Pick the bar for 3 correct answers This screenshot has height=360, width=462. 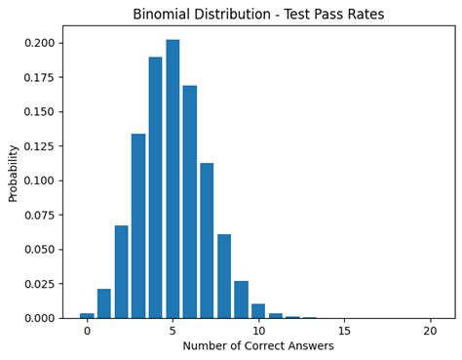click(138, 225)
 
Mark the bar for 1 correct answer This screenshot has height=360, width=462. click(104, 303)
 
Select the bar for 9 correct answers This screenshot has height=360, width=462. click(241, 300)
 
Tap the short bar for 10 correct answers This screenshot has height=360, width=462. click(258, 311)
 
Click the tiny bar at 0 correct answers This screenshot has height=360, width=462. click(87, 315)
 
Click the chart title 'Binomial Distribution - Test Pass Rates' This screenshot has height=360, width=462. click(258, 15)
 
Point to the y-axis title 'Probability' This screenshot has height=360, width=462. click(14, 173)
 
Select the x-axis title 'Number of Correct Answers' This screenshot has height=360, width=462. click(258, 345)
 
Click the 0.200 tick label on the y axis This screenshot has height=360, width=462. click(39, 44)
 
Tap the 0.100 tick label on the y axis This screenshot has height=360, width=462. click(39, 180)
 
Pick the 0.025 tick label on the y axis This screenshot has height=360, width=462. click(39, 284)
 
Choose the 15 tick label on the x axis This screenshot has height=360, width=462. click(344, 331)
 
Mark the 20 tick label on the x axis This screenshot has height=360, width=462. click(430, 331)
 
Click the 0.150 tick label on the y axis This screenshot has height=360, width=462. click(39, 112)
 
